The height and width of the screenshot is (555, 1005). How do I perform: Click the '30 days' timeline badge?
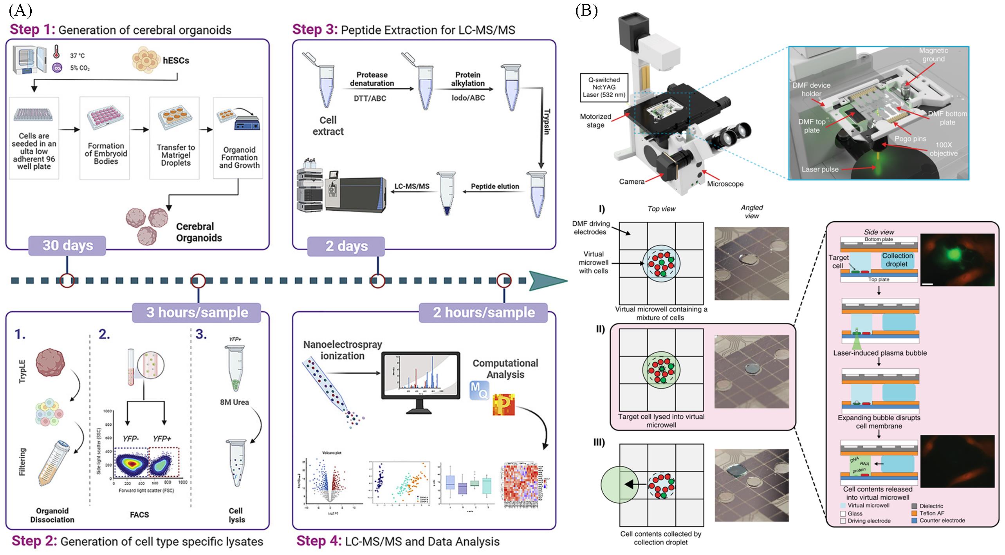click(x=67, y=246)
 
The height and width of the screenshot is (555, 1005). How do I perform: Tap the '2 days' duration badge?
click(x=346, y=246)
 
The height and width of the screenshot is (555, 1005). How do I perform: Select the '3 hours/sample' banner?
click(x=197, y=313)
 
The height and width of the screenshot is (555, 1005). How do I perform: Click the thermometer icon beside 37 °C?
click(x=56, y=51)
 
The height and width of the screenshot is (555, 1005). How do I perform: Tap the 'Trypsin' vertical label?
click(x=547, y=121)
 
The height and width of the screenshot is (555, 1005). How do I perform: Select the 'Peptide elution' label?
click(x=494, y=186)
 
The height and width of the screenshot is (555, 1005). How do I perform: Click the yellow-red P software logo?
click(x=503, y=405)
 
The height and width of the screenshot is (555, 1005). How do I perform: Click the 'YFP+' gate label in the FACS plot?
click(x=162, y=439)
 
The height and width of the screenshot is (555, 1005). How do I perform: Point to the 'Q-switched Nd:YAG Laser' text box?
click(x=604, y=87)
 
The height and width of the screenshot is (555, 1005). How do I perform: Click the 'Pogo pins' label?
click(x=910, y=139)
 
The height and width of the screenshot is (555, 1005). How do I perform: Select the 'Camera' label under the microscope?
click(x=632, y=182)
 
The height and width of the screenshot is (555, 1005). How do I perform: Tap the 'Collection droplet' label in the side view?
click(x=897, y=260)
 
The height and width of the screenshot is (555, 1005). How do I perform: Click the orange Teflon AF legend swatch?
click(x=915, y=513)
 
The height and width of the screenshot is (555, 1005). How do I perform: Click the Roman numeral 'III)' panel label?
click(x=599, y=443)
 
